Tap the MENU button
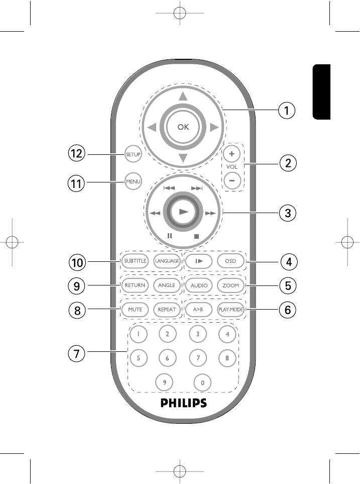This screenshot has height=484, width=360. pyautogui.click(x=134, y=181)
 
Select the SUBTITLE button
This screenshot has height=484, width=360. pyautogui.click(x=135, y=261)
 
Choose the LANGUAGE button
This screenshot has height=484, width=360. pyautogui.click(x=167, y=261)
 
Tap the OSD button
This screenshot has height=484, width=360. pyautogui.click(x=230, y=261)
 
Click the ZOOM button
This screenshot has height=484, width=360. pyautogui.click(x=230, y=285)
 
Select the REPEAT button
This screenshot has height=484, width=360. pyautogui.click(x=167, y=310)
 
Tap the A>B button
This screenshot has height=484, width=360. pyautogui.click(x=198, y=310)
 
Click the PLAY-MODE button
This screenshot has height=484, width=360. pyautogui.click(x=230, y=310)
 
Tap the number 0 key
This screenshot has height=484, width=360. pyautogui.click(x=202, y=382)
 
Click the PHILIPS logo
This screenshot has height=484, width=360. pyautogui.click(x=183, y=403)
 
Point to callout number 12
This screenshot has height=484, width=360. pyautogui.click(x=77, y=154)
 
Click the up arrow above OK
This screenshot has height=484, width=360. pyautogui.click(x=183, y=96)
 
